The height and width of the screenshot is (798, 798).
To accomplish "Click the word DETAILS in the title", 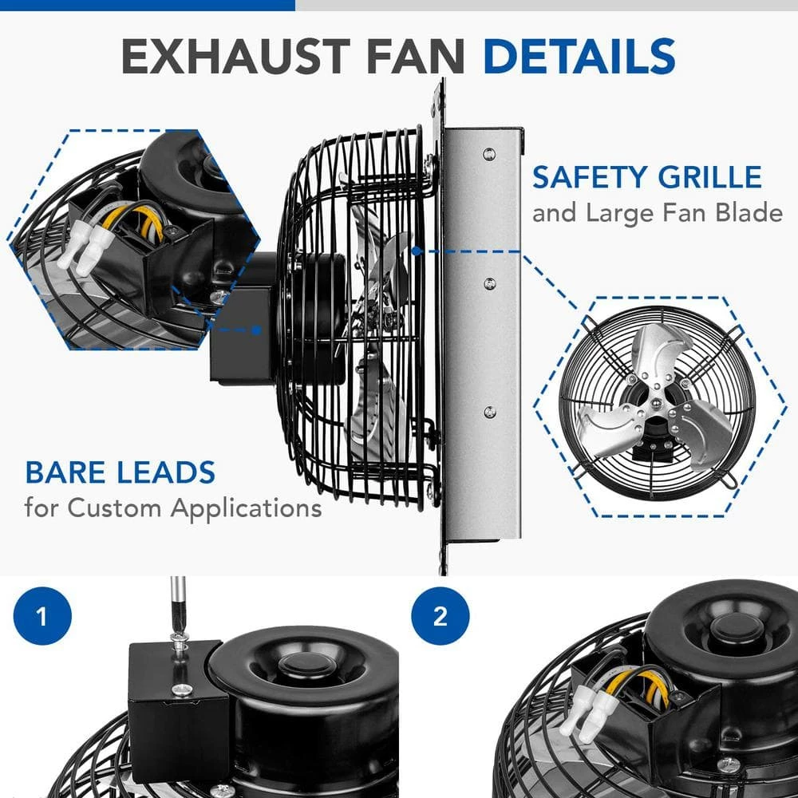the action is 579,56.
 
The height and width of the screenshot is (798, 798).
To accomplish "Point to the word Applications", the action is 246,508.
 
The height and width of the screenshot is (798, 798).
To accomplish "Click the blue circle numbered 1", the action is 42,616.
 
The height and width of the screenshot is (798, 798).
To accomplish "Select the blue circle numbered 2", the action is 440,616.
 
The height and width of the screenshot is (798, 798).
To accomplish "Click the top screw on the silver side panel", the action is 489,153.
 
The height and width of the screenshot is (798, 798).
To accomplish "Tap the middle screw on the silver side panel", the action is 490,283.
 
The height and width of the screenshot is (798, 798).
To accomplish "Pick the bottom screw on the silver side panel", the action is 490,412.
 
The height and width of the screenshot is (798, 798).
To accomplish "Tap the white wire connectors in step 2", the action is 591,705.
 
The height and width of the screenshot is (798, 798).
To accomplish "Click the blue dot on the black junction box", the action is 256,330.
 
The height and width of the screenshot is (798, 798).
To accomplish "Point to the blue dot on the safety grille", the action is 417,251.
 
